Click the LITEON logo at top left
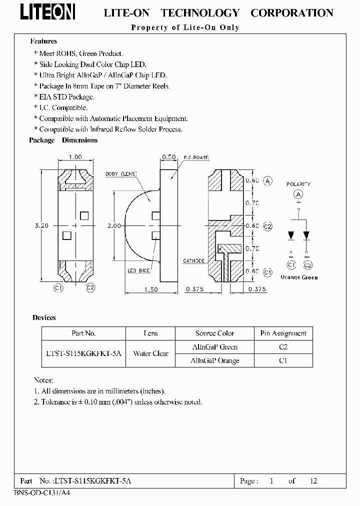48,12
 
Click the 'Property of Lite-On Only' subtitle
185,27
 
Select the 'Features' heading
43,41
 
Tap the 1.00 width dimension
74,157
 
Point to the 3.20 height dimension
41,225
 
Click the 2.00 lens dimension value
114,225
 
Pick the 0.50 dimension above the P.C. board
168,157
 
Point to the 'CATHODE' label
193,261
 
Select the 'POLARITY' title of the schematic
298,184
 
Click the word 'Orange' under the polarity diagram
289,277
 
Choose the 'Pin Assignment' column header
283,333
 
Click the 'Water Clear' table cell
150,353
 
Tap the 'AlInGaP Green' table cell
215,346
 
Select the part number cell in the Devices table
83,353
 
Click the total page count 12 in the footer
313,481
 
